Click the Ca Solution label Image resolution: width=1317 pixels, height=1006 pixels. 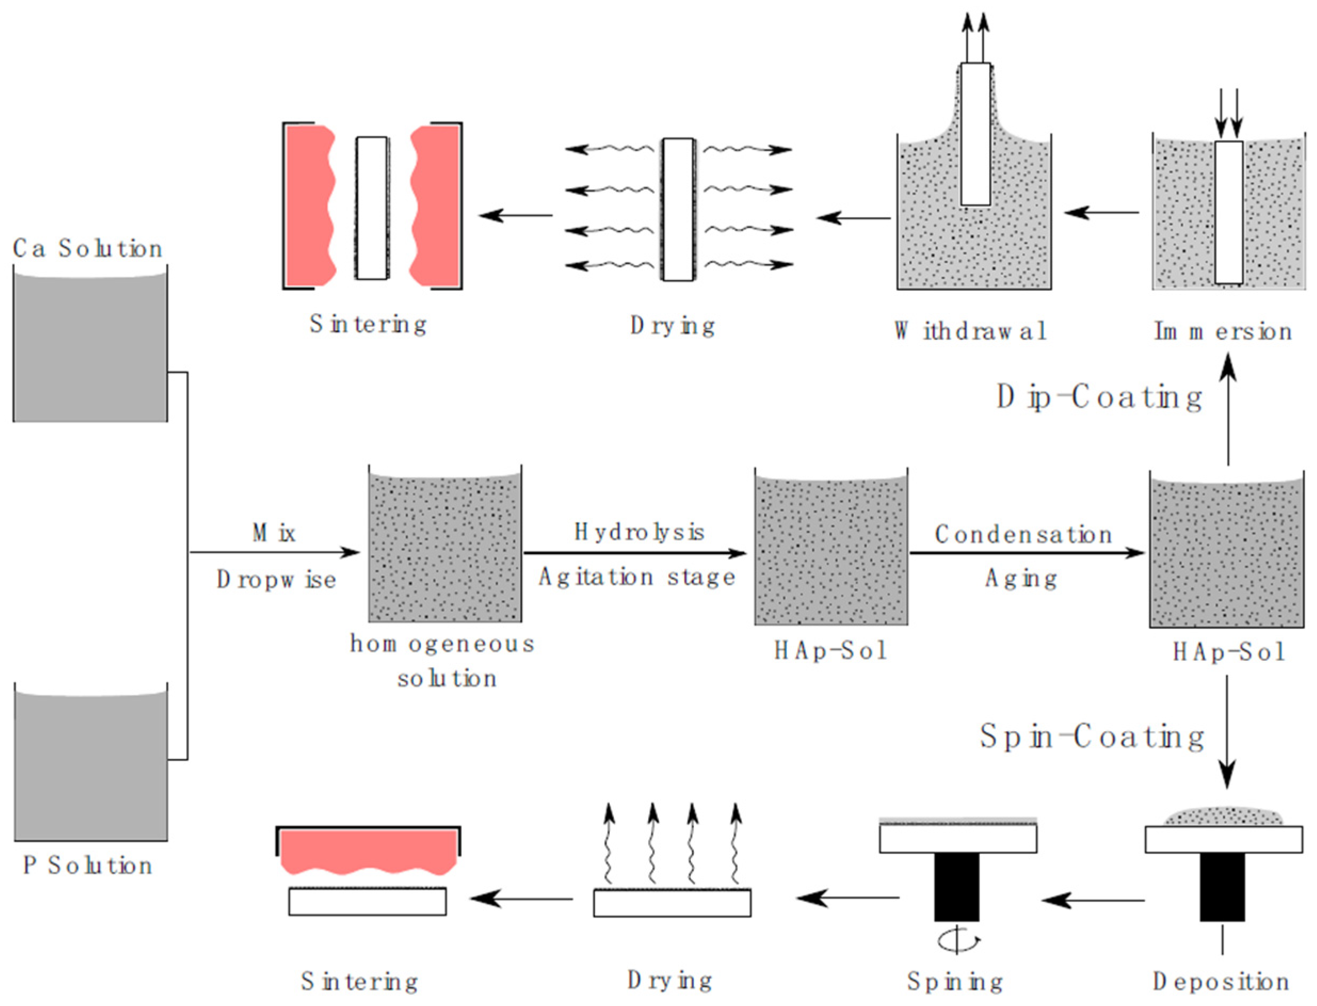(x=87, y=249)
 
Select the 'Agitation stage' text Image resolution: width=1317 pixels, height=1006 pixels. (x=636, y=577)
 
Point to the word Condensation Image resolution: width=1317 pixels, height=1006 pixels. (x=1023, y=534)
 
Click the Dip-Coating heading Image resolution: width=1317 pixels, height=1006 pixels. (x=1099, y=397)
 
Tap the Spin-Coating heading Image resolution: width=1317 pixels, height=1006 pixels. (x=1091, y=737)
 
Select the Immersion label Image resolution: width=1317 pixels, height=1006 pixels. (x=1222, y=331)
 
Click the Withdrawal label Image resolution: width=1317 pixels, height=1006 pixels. (x=970, y=331)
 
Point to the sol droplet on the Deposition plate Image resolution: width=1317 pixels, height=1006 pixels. (x=1222, y=816)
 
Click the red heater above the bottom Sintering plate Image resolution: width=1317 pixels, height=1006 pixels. (x=368, y=849)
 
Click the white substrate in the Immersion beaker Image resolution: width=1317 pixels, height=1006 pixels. (x=1229, y=212)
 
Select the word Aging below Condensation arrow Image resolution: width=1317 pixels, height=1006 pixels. (x=1021, y=578)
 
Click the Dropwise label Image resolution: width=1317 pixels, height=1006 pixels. (x=276, y=579)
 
